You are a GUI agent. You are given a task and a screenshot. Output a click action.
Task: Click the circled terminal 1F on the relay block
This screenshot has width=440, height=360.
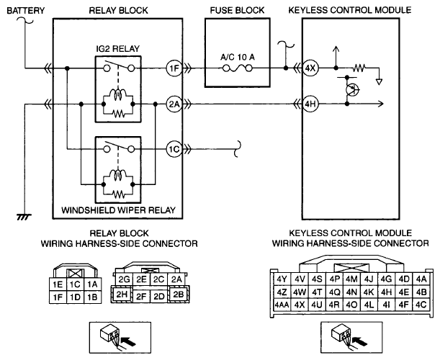(x=174, y=68)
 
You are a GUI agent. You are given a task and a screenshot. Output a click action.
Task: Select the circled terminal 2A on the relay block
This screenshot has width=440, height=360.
(x=174, y=104)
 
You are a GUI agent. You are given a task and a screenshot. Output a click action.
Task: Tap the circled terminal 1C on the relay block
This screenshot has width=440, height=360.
(x=174, y=149)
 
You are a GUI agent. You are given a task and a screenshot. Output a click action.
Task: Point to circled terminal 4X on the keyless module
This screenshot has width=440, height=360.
(x=310, y=68)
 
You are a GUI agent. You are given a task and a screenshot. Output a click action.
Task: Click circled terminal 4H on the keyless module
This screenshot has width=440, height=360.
(x=310, y=104)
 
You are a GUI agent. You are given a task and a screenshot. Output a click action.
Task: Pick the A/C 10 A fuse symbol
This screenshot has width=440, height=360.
(x=238, y=68)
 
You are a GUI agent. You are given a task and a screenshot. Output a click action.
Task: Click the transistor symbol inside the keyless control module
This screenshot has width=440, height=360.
(x=351, y=90)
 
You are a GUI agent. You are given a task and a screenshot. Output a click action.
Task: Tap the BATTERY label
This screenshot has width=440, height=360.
(x=25, y=11)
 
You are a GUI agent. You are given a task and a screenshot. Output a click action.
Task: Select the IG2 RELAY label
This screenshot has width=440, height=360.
(x=118, y=49)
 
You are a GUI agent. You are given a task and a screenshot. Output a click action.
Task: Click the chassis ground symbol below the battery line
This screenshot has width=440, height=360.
(x=24, y=217)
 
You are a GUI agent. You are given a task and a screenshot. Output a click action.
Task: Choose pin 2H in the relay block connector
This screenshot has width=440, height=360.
(x=122, y=294)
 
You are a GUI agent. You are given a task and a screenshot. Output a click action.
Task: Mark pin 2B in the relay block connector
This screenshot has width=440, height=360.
(x=179, y=294)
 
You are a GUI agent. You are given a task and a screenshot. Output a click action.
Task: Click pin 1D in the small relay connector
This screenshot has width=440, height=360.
(x=75, y=297)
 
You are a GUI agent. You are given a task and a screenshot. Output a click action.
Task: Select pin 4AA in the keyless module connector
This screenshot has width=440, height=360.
(x=282, y=305)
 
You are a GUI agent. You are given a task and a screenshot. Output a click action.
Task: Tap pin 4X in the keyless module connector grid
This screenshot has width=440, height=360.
(x=300, y=305)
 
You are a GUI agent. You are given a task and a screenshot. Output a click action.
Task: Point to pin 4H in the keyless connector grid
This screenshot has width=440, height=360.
(x=387, y=292)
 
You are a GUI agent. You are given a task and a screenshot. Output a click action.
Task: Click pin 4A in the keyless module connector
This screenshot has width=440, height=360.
(x=421, y=279)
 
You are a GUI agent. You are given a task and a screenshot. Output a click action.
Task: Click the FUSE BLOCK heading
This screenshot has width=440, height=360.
(x=237, y=10)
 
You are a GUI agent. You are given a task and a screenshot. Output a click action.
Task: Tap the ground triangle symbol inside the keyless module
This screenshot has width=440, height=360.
(x=379, y=82)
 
